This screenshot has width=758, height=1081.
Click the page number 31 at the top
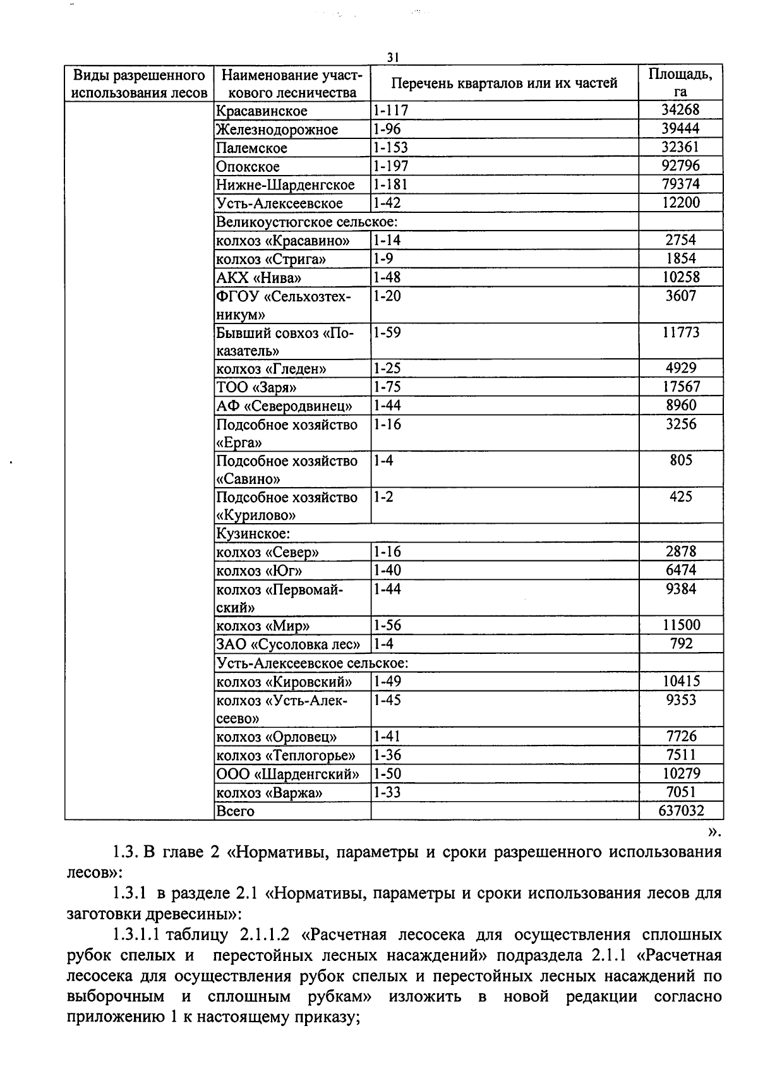pyautogui.click(x=393, y=57)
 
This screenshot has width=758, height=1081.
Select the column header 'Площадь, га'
pyautogui.click(x=680, y=83)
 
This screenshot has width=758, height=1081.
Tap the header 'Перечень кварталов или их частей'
pyautogui.click(x=504, y=83)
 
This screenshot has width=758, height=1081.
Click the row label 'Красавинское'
pyautogui.click(x=262, y=111)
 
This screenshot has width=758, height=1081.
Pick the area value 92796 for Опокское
pyautogui.click(x=680, y=166)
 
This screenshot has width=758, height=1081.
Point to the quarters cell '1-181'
pyautogui.click(x=390, y=184)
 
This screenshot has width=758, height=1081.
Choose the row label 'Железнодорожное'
pyautogui.click(x=277, y=130)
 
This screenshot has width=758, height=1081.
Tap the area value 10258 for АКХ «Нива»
pyautogui.click(x=680, y=277)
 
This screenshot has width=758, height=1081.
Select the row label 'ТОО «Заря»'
pyautogui.click(x=256, y=387)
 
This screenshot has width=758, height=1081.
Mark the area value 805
pyautogui.click(x=680, y=461)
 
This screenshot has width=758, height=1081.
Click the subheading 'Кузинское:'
pyautogui.click(x=253, y=534)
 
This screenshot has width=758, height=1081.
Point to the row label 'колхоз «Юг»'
pyautogui.click(x=259, y=571)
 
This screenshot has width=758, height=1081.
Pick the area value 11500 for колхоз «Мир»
pyautogui.click(x=680, y=625)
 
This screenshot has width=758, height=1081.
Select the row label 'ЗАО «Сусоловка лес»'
pyautogui.click(x=288, y=644)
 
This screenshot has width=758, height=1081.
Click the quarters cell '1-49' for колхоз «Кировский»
pyautogui.click(x=387, y=682)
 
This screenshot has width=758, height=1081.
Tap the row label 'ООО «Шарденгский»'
pyautogui.click(x=287, y=774)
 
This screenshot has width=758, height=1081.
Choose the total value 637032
pyautogui.click(x=680, y=811)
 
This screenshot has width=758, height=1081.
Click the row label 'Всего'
pyautogui.click(x=235, y=811)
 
